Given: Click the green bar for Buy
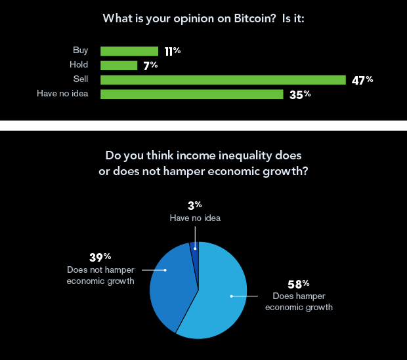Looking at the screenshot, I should [129, 51].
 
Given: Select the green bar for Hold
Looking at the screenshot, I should [119, 66].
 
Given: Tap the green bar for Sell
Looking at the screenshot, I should [223, 80].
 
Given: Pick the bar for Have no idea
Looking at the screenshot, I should [192, 94].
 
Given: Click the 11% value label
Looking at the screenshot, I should [172, 50].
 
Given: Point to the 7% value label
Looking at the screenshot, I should [150, 66].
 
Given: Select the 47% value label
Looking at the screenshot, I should [362, 80].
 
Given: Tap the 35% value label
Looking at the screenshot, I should [299, 94].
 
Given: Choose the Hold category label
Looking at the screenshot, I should [79, 65].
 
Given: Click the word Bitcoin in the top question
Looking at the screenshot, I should [239, 18].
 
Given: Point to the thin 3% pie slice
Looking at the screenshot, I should [194, 247].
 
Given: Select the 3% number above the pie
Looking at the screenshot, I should [194, 206].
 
